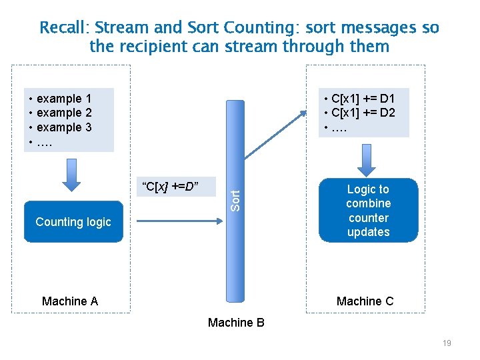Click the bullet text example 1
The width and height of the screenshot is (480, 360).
point(64,99)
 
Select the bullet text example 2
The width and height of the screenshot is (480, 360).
point(64,113)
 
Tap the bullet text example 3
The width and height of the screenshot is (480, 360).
point(64,127)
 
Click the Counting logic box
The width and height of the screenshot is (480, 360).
point(73,222)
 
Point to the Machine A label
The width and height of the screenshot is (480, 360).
point(70,301)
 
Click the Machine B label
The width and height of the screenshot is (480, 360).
point(236,323)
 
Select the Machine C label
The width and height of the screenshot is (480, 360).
point(365,301)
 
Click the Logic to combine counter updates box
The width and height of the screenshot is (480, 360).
point(368,211)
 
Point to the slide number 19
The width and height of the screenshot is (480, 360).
point(447,343)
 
